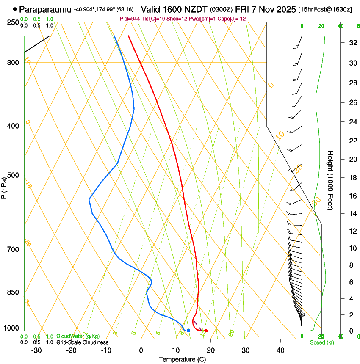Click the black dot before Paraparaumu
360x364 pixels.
point(15,9)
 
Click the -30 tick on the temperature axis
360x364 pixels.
point(36,350)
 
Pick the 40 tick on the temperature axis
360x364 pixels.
point(280,350)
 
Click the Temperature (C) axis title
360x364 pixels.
point(182,359)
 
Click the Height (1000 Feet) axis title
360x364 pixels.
point(331,180)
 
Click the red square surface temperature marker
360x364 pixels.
point(206,331)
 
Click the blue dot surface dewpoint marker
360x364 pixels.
point(188,331)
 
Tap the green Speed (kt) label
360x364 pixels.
point(321,342)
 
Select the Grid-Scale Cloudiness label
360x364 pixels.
point(82,342)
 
